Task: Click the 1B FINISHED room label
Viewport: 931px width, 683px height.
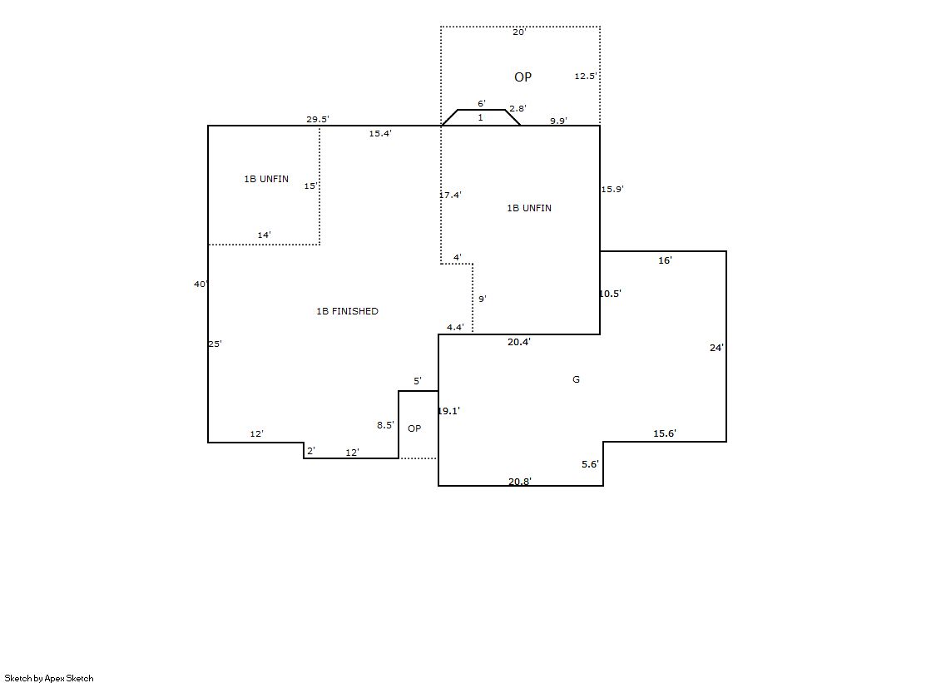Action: coord(347,311)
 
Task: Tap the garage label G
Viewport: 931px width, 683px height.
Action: coord(576,379)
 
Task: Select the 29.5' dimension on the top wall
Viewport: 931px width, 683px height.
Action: coord(318,119)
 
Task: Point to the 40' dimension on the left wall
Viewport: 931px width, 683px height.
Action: coord(201,284)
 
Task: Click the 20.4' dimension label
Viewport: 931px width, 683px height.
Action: coord(519,342)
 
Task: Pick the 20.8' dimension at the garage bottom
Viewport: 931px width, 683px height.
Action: coord(519,481)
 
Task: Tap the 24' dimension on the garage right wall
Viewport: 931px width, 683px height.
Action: coord(716,348)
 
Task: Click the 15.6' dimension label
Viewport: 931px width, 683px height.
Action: coord(665,433)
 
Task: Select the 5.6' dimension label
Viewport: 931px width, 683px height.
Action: coord(590,464)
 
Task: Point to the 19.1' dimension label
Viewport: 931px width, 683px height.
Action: coord(449,411)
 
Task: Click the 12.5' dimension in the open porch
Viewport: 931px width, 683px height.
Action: coord(586,76)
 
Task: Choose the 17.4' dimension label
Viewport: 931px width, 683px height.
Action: coord(451,195)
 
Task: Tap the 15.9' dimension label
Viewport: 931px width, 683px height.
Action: coord(612,190)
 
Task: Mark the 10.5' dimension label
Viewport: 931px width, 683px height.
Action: coord(611,294)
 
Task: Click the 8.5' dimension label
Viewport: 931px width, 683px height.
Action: coord(385,425)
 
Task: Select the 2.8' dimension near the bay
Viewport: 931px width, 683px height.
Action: coord(517,109)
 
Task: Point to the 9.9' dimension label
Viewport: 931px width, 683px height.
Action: coord(558,121)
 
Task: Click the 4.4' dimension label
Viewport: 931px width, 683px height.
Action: coord(455,327)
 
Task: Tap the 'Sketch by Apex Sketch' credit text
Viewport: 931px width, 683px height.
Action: coord(49,678)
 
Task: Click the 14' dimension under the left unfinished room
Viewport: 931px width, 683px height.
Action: coord(265,235)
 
